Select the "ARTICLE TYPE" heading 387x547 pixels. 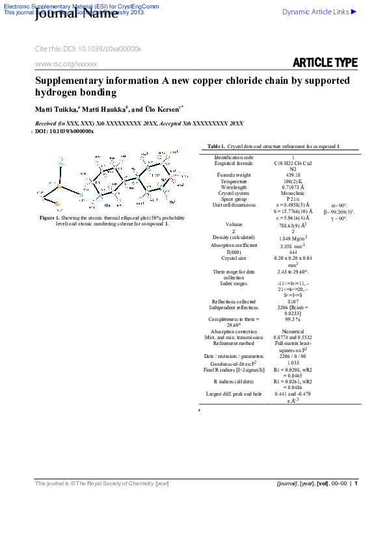pyautogui.click(x=325, y=63)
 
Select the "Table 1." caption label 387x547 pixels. pyautogui.click(x=216, y=147)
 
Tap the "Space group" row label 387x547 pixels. pyautogui.click(x=234, y=199)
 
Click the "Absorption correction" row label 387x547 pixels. pyautogui.click(x=234, y=331)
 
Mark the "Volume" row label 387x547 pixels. pyautogui.click(x=234, y=224)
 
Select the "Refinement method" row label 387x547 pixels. pyautogui.click(x=234, y=344)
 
